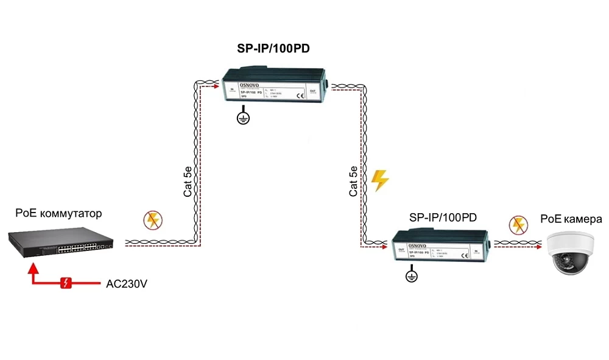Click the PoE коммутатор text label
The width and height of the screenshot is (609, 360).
coord(59,214)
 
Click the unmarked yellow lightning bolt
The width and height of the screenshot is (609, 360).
coord(380,180)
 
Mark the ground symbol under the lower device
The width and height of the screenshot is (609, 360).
coord(412,276)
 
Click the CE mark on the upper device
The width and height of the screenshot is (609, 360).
coord(300,96)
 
